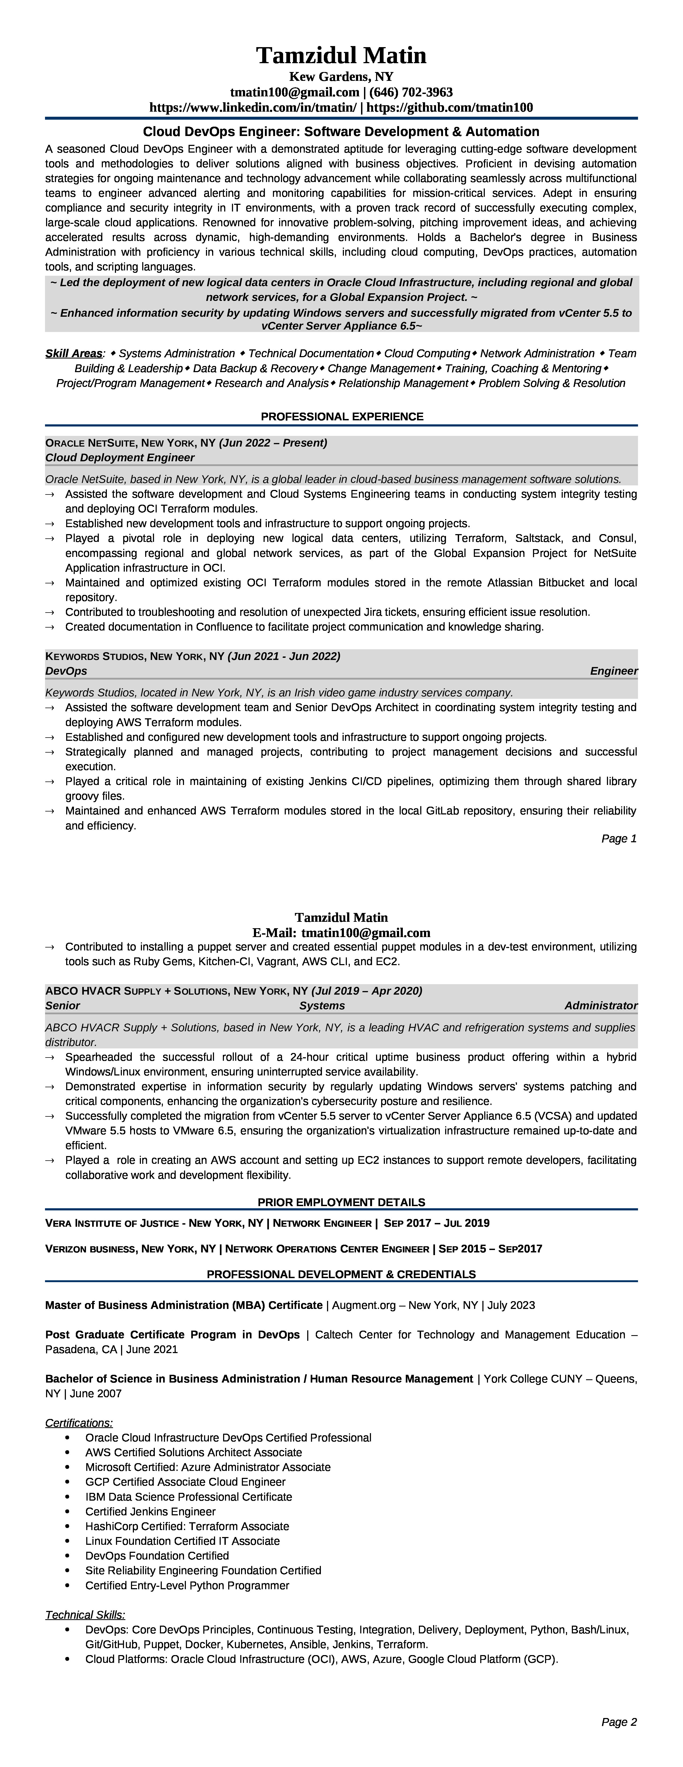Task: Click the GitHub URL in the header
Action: (450, 108)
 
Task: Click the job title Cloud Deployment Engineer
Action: (120, 458)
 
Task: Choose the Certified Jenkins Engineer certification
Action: (150, 1511)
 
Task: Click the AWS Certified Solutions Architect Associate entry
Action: (194, 1452)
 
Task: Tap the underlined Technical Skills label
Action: (85, 1615)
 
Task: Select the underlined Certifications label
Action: (79, 1423)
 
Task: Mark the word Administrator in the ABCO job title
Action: (601, 1006)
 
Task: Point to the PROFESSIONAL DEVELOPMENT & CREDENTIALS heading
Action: (341, 1274)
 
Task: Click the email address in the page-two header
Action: (366, 932)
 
